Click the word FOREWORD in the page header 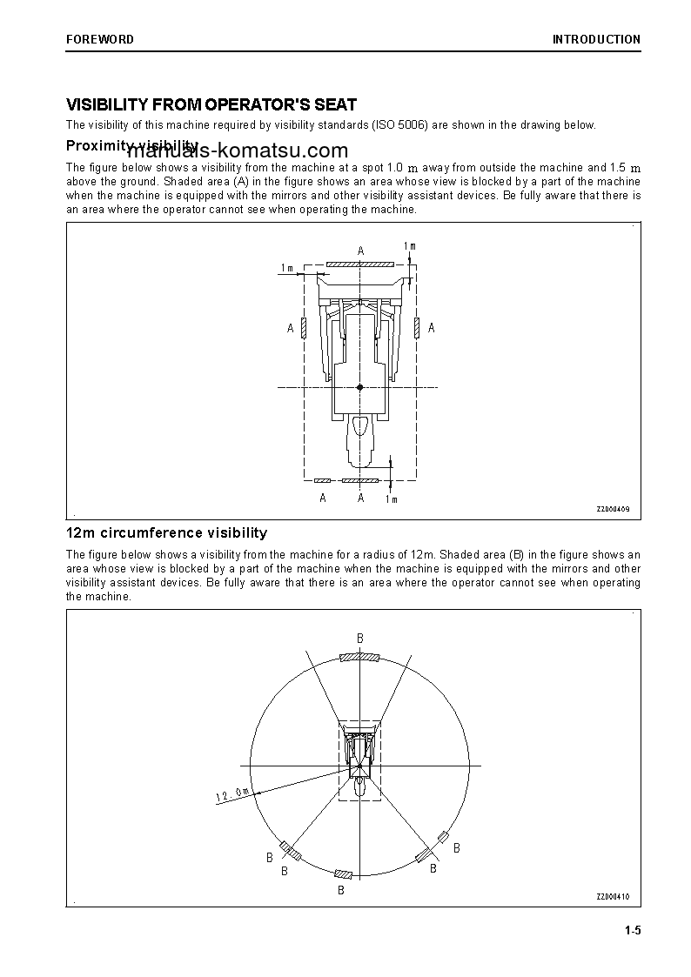(x=100, y=39)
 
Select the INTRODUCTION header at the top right (x=596, y=39)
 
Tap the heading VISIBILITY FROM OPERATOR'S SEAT (x=211, y=105)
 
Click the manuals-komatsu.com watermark (x=238, y=150)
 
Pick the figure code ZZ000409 (x=613, y=509)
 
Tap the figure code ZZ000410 (x=613, y=897)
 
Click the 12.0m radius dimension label (x=232, y=794)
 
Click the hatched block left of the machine (x=303, y=327)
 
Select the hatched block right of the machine (x=419, y=327)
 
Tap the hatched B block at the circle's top (x=359, y=657)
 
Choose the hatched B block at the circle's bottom (x=344, y=873)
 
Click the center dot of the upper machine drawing (x=360, y=386)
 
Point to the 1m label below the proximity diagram (x=391, y=499)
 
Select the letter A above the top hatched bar (x=360, y=251)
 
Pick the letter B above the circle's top (x=359, y=639)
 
